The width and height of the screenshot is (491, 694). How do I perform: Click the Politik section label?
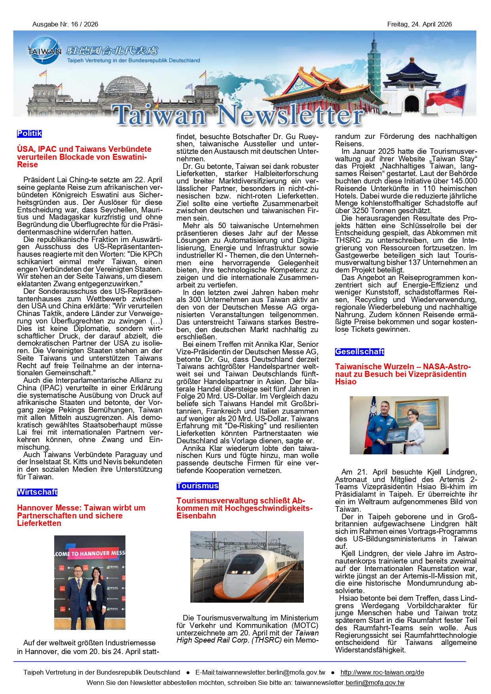[x=29, y=134]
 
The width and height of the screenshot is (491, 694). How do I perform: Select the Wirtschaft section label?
[x=37, y=492]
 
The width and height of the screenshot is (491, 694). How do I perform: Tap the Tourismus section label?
[x=197, y=486]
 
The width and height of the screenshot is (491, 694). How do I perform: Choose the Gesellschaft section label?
[x=359, y=352]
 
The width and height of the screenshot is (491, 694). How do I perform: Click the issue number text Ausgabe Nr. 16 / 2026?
[x=65, y=25]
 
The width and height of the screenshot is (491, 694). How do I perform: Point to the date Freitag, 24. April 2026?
[x=419, y=25]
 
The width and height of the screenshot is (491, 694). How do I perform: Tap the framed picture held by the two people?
[x=397, y=435]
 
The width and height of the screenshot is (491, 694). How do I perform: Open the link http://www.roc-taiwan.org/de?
[x=382, y=672]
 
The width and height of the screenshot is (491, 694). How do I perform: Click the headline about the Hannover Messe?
[x=81, y=515]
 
